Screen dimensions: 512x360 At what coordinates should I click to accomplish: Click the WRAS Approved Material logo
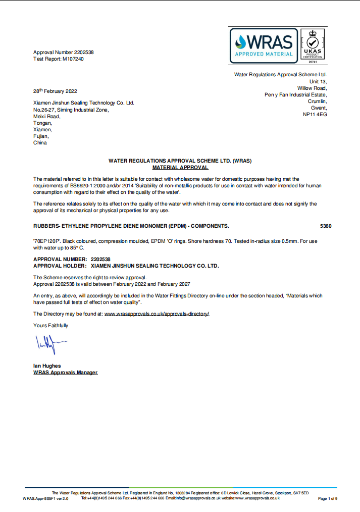coord(264,45)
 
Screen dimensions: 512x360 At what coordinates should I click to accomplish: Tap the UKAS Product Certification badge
coord(312,45)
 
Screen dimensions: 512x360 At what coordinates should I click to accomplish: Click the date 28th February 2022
coord(55,91)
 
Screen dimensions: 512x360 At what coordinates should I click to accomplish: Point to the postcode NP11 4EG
coord(315,115)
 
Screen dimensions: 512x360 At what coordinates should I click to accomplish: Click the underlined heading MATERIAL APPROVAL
coord(180,167)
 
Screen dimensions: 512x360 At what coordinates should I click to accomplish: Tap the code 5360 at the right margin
coord(326,226)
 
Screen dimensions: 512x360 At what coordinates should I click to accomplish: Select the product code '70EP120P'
coord(46,241)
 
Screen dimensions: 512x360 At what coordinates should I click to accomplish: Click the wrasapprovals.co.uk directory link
coord(157,314)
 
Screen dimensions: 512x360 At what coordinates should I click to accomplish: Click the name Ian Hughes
coord(47,366)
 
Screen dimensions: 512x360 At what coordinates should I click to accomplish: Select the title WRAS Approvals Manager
coord(65,373)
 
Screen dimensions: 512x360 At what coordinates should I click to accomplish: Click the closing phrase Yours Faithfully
coord(50,326)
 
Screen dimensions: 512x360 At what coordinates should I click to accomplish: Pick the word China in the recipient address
coord(40,143)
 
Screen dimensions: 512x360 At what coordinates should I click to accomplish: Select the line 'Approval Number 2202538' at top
coord(64,53)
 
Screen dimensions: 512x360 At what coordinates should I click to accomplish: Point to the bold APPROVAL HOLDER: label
coord(60,265)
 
